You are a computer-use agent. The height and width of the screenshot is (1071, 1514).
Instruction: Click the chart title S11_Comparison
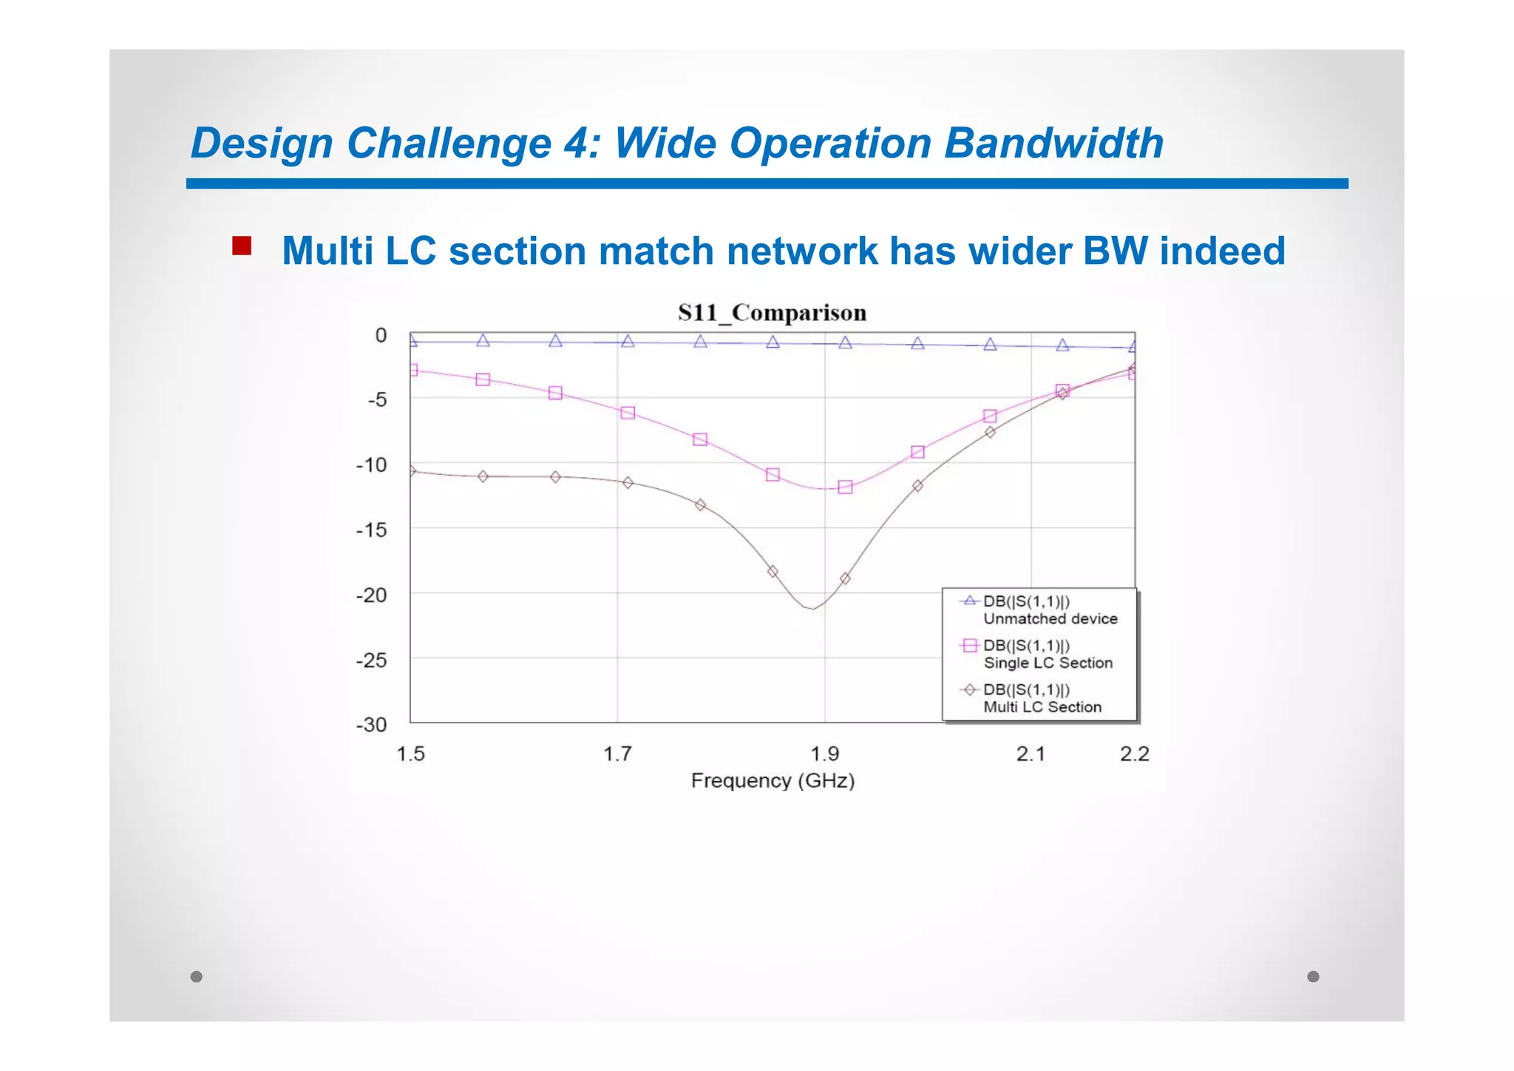tap(772, 313)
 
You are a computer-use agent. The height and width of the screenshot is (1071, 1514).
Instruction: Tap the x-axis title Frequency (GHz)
tap(773, 781)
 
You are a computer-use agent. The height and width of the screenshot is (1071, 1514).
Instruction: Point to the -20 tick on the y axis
tap(372, 595)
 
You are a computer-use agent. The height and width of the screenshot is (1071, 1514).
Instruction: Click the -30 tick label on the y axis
tap(372, 725)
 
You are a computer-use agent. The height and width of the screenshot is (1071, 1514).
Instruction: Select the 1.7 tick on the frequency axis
tap(617, 754)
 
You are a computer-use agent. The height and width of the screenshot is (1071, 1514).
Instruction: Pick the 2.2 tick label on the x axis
tap(1134, 754)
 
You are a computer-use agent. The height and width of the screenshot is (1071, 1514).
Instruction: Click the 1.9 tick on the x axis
tap(825, 754)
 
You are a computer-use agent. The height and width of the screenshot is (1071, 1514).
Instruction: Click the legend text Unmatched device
tap(1050, 619)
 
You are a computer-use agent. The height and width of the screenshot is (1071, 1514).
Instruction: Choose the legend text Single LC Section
tap(1048, 663)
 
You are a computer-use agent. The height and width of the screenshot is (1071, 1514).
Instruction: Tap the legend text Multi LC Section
tap(1042, 707)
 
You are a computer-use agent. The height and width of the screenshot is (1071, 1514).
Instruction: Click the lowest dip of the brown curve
tap(812, 609)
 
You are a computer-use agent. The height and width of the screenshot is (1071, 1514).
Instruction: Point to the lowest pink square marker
tap(845, 487)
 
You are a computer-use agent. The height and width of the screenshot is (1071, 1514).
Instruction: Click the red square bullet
tap(242, 246)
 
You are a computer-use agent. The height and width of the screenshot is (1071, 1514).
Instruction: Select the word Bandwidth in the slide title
tap(1053, 143)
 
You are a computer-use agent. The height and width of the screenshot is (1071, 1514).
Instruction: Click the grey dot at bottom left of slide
tap(196, 976)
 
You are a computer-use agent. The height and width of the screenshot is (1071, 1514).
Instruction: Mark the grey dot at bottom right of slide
tap(1313, 976)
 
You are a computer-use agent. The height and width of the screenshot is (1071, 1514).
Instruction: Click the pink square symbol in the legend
tap(969, 646)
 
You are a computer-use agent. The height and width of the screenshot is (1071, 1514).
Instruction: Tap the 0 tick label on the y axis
tap(381, 336)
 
